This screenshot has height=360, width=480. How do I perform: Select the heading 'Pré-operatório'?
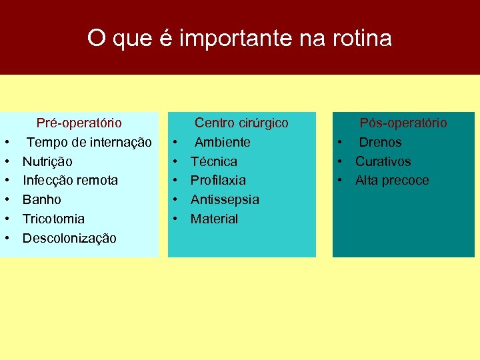click(x=79, y=123)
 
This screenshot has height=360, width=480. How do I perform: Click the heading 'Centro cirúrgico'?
click(x=241, y=123)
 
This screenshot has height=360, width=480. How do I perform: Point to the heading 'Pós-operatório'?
click(x=403, y=123)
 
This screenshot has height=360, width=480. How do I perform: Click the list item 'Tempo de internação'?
click(x=89, y=142)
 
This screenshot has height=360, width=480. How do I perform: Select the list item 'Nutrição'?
click(x=47, y=161)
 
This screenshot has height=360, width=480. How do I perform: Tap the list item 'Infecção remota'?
click(x=70, y=180)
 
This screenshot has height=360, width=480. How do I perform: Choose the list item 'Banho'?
click(x=41, y=199)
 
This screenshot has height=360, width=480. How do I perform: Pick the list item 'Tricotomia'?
click(x=53, y=219)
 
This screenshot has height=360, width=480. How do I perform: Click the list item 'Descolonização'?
click(x=69, y=238)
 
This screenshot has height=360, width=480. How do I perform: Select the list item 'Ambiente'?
click(x=222, y=142)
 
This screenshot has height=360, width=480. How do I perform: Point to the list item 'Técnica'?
click(x=213, y=161)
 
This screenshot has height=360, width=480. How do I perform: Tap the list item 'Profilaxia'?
click(x=218, y=180)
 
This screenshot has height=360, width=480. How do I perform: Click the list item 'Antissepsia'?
click(x=225, y=199)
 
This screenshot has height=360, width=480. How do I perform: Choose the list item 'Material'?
click(x=214, y=219)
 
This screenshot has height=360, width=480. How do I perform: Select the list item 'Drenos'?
click(x=380, y=142)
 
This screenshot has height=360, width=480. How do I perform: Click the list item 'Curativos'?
click(x=383, y=161)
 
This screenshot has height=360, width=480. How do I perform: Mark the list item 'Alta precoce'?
click(x=392, y=180)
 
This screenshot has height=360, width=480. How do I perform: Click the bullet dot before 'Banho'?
click(x=6, y=199)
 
